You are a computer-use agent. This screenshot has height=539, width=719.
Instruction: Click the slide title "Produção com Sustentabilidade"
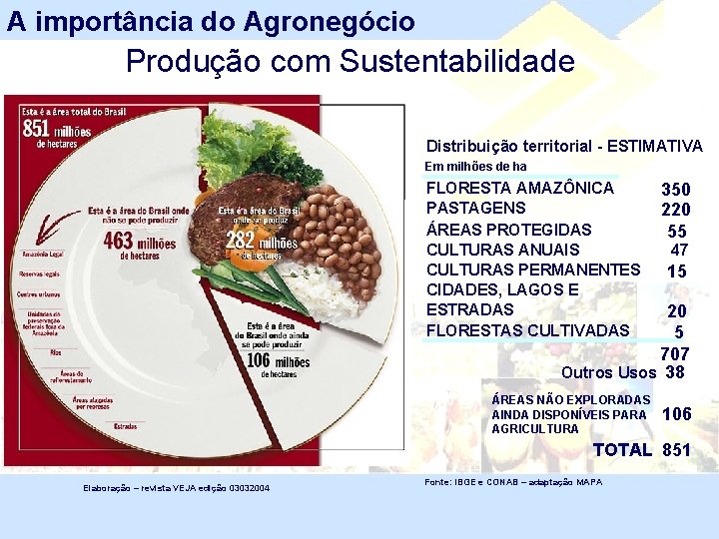[350, 62]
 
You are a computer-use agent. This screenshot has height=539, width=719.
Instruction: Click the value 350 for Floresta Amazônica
[675, 189]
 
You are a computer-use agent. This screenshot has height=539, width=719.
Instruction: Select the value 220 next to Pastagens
[675, 210]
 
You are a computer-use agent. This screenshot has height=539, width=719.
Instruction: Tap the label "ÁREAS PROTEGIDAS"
[508, 229]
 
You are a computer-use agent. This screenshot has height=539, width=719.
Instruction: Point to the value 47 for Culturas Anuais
[679, 250]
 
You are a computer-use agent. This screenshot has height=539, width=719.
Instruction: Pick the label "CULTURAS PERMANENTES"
[533, 269]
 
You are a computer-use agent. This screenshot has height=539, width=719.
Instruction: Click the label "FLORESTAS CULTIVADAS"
[528, 330]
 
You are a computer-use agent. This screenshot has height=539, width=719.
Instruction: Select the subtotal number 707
[674, 354]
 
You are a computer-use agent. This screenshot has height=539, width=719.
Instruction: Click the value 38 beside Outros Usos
[675, 372]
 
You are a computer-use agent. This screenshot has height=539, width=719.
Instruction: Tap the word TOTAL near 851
[622, 450]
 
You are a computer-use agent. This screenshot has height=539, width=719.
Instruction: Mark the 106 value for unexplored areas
[676, 414]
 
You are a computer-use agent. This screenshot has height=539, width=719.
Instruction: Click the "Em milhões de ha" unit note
[475, 167]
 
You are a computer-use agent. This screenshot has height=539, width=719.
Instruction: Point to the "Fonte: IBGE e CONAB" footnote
[513, 482]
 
